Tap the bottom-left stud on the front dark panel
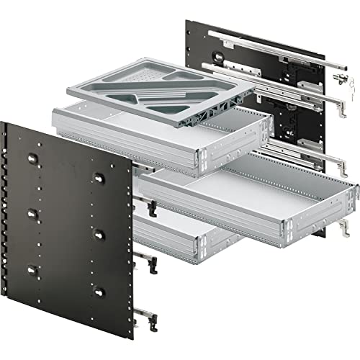click(33, 270)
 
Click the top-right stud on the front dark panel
click(96, 176)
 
